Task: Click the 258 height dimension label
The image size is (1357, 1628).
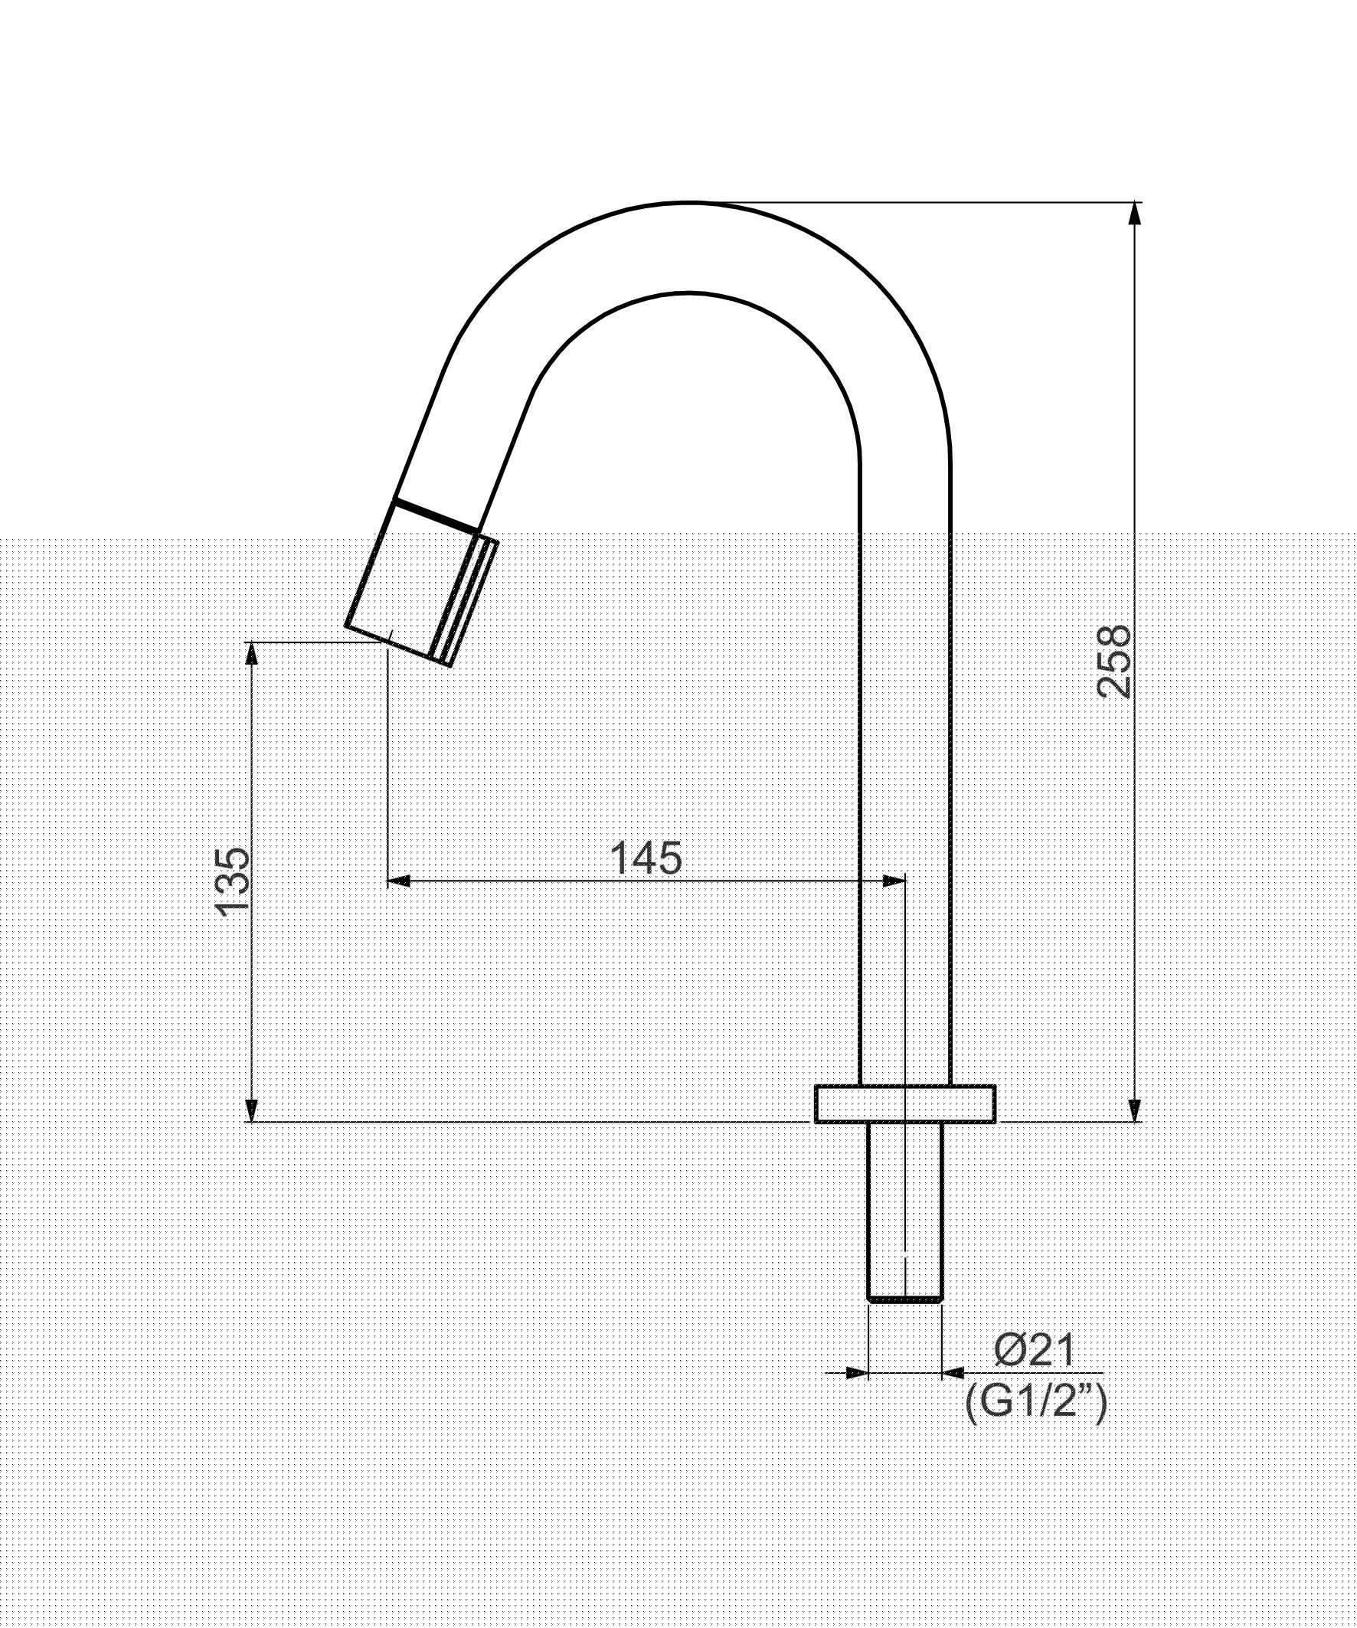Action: (x=1114, y=662)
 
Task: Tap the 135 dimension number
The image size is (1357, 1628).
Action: (x=233, y=882)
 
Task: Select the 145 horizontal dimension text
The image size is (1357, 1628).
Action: (x=646, y=858)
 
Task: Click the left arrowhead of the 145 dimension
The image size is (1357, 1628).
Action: (x=398, y=881)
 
